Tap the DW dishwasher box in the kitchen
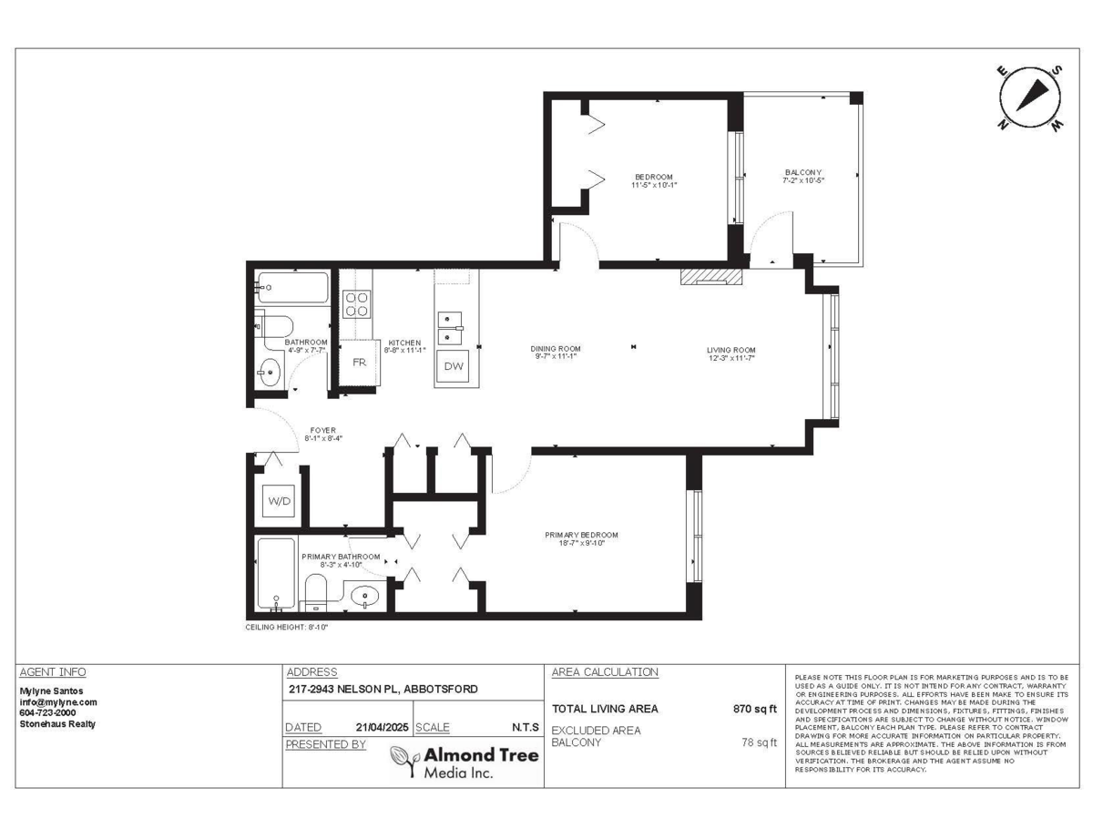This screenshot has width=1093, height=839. pos(454,367)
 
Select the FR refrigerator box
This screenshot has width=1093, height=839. pos(359,362)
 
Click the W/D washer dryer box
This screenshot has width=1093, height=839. pos(278,500)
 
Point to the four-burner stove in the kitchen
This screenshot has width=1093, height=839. pos(356,303)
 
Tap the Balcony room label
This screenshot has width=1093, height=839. pos(802,177)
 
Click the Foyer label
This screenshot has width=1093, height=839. pos(322,434)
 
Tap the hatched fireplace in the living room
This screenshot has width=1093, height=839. pos(706,276)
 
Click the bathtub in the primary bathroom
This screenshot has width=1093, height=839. pos(275,573)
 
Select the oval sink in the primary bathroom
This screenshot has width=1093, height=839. pos(366,597)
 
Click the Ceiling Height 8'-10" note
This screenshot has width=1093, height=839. pos(287,628)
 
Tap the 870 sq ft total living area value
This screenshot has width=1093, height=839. pos(755,709)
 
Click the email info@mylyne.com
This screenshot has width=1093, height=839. pos(58,702)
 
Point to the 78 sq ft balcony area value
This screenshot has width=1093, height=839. pos(760,742)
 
